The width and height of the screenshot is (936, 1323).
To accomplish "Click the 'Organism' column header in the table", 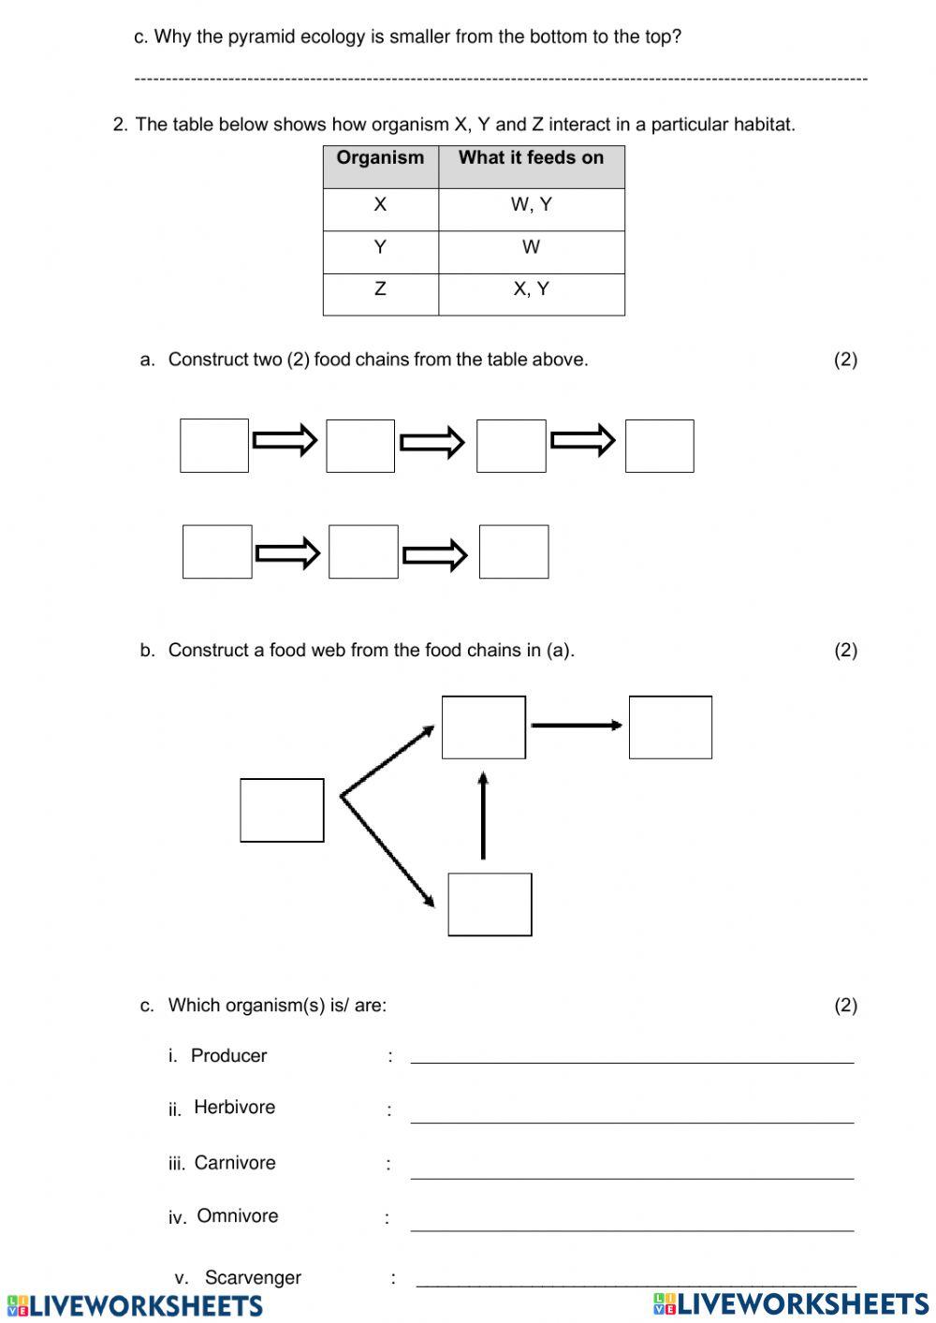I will pos(380,158).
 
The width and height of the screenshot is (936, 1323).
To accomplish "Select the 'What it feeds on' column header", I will pos(531,158).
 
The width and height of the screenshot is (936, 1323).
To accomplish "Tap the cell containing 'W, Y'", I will pos(531,205).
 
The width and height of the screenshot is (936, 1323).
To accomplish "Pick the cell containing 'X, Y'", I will pos(531,289).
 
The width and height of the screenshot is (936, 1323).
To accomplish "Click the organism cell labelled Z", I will pos(380,289).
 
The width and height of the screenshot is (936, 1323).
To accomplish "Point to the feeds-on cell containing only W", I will pos(531,247).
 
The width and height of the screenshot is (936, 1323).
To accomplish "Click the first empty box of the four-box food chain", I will pos(214,446).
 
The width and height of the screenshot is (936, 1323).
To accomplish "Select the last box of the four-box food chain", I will pos(659,446).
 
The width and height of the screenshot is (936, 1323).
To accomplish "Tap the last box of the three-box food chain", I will pos(514,551).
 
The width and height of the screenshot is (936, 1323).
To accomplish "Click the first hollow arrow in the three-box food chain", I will pos(288,553).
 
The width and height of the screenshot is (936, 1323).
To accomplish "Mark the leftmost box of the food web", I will pos(282,810).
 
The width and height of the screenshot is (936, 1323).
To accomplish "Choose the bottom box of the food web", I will pos(490,904).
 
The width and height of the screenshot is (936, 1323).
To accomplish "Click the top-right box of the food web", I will pos(670,727).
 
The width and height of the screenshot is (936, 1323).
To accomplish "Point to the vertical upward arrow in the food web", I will pos(483,816).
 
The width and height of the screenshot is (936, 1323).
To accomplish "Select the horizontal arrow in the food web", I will pos(576,725).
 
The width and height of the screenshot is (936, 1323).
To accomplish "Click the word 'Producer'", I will pos(228,1056).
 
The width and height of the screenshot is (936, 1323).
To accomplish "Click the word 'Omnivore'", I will pos(237,1216).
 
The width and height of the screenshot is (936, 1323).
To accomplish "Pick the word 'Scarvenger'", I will pos(253,1278).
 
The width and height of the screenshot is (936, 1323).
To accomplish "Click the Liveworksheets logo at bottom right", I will pos(791,1303).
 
